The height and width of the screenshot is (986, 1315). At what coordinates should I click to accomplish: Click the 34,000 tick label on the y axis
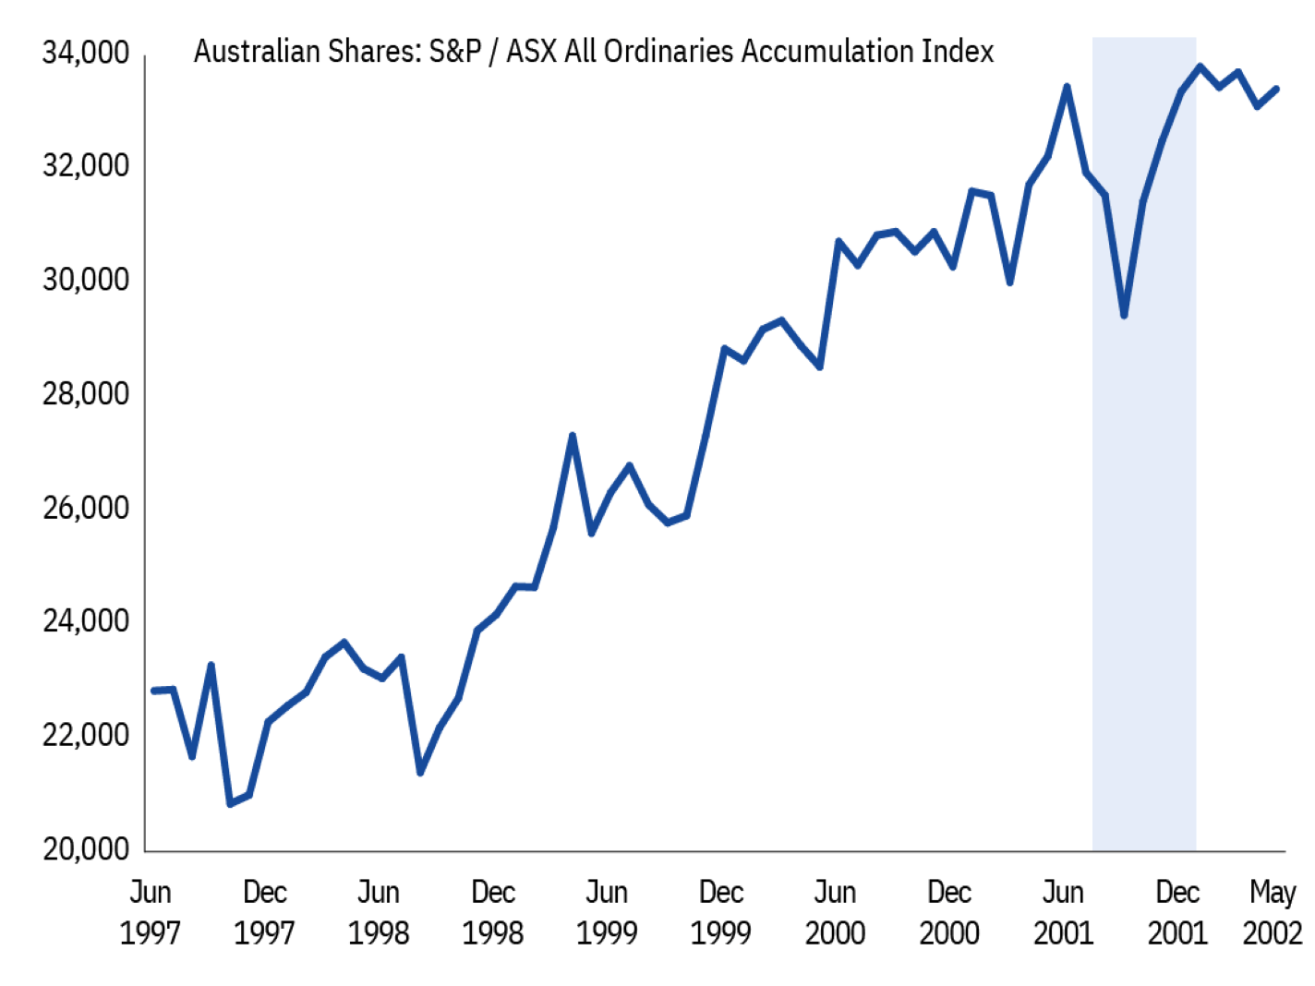click(86, 54)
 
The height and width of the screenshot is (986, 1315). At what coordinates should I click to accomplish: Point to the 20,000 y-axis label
click(86, 848)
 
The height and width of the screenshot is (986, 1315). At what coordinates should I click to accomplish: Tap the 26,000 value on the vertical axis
click(86, 508)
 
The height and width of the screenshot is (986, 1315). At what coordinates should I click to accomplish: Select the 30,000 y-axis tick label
click(86, 280)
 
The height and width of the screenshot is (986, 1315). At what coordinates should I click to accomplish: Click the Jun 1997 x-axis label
click(150, 912)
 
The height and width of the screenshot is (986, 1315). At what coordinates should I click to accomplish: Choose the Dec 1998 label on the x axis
click(493, 912)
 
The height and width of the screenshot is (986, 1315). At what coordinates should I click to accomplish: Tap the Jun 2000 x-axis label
click(835, 912)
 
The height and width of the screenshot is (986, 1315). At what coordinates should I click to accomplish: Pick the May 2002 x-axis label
click(1273, 912)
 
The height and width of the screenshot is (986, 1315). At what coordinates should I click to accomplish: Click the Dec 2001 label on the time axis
click(1177, 912)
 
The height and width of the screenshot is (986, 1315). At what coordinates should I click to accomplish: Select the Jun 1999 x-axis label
click(607, 912)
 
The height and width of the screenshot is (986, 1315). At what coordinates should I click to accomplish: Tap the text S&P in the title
click(455, 52)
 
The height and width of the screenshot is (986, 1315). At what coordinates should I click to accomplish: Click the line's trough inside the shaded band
click(1124, 316)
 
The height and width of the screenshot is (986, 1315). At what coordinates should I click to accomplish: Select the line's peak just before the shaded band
click(1067, 87)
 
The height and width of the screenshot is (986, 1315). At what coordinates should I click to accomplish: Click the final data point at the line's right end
click(1276, 89)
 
